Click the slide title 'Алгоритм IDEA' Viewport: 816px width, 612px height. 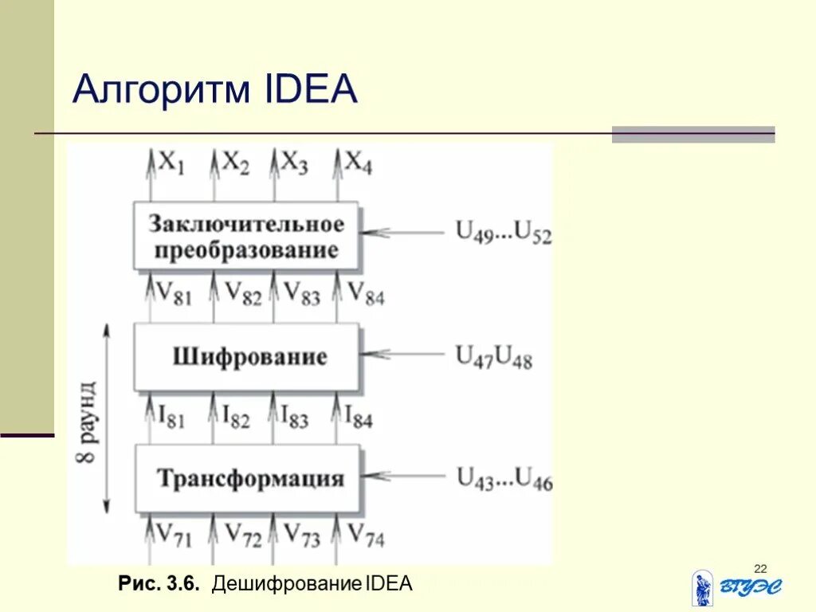pos(215,89)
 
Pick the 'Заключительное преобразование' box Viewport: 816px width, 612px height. pos(245,237)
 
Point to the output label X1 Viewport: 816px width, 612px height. pos(171,164)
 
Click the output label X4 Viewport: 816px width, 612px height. pos(358,164)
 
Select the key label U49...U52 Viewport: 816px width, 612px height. pos(504,232)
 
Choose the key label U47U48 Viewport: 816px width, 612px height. pos(493,356)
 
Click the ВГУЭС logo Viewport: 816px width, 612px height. pos(737,588)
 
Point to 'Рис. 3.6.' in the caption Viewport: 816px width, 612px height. pos(157,583)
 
